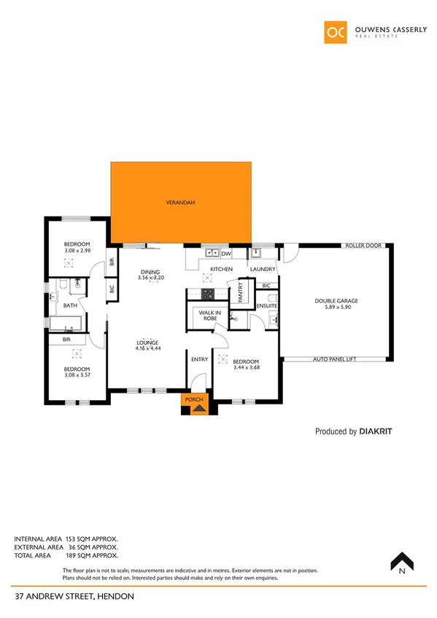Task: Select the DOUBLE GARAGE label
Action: pyautogui.click(x=336, y=301)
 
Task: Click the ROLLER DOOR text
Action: pyautogui.click(x=363, y=246)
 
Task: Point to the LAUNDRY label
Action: pyautogui.click(x=262, y=270)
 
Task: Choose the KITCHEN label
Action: pyautogui.click(x=221, y=270)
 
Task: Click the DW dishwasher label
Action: pyautogui.click(x=225, y=254)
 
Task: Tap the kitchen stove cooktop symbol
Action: pyautogui.click(x=207, y=294)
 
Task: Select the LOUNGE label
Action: pyautogui.click(x=147, y=343)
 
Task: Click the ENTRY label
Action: pyautogui.click(x=199, y=359)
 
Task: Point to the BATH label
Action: pyautogui.click(x=70, y=306)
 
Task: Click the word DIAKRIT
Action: pyautogui.click(x=378, y=431)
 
